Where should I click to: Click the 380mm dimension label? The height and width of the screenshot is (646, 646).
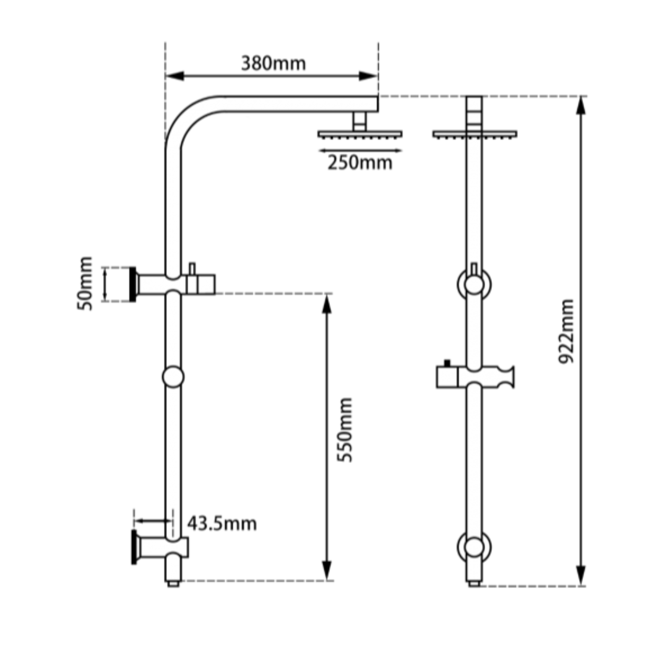coord(273,63)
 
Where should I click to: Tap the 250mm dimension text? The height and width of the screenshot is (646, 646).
coord(360,163)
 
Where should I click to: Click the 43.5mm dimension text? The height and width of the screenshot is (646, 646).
coord(222,523)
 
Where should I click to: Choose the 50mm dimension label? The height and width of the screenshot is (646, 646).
coord(85,283)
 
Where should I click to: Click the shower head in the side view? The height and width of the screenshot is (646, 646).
coord(360,133)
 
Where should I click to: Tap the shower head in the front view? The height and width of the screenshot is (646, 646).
coord(474,133)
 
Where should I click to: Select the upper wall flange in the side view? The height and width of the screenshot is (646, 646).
coord(132,284)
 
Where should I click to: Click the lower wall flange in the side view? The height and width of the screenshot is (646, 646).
coord(133,546)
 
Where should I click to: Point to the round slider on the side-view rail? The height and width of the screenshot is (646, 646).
coord(173,376)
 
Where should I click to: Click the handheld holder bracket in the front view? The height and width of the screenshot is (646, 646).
coord(475,376)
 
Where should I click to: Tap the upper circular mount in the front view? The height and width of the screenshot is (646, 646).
coord(474,284)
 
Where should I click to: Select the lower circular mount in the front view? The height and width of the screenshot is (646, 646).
coord(474,546)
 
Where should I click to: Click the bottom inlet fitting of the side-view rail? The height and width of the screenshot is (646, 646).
coord(173,582)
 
